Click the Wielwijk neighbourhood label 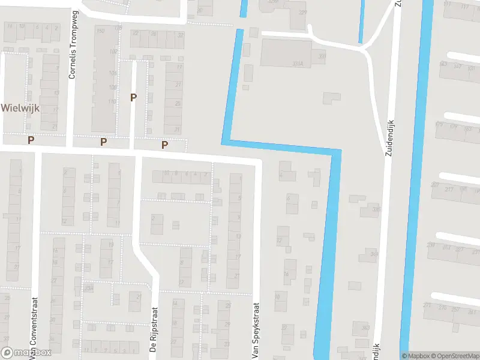click(20, 108)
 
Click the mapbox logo click(26, 353)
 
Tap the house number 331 click(322, 57)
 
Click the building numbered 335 click(376, 209)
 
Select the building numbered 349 click(374, 254)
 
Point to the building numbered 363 click(365, 327)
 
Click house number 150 click(100, 31)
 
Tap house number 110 click(112, 102)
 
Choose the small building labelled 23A click(89, 289)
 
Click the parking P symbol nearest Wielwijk click(31, 140)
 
